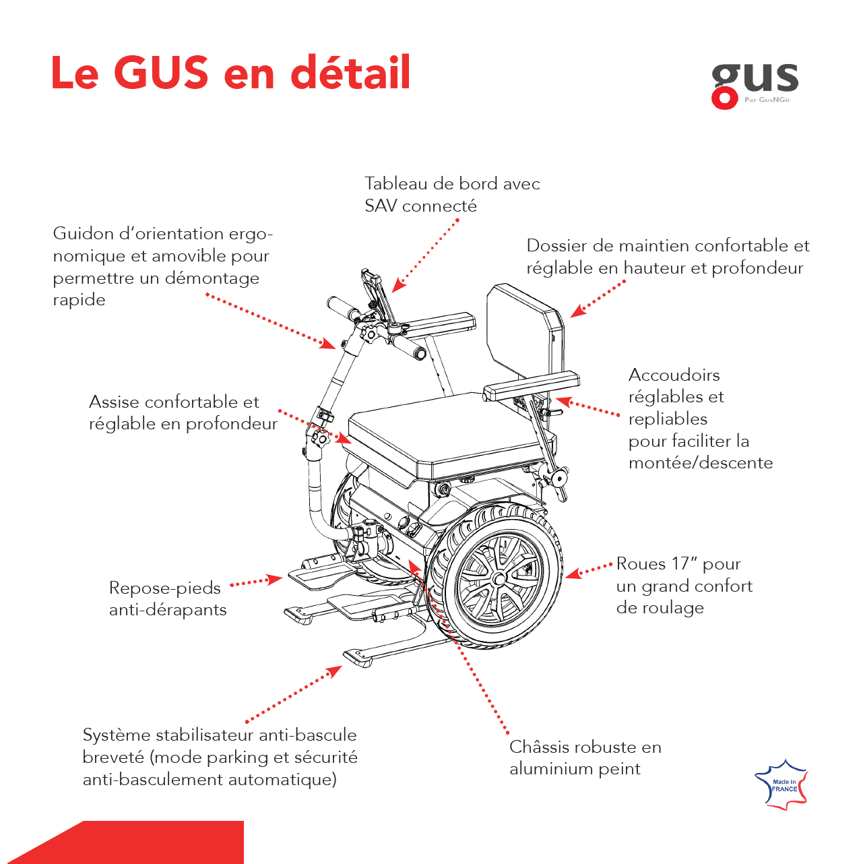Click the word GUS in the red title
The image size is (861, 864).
tap(161, 72)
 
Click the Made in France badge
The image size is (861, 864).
tap(782, 784)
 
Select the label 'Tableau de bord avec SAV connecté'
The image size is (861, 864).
tap(451, 194)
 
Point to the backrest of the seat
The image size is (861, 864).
tap(522, 330)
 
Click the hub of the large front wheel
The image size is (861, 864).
tap(498, 579)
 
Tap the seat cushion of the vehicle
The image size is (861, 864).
tap(445, 431)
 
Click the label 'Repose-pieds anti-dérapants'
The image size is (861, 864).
tap(167, 598)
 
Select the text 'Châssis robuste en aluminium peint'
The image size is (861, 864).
tap(585, 758)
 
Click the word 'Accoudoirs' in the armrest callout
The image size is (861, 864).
tap(674, 375)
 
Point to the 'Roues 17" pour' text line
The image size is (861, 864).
tap(678, 563)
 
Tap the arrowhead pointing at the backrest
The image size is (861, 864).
tap(577, 311)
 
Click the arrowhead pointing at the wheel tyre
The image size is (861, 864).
tap(572, 574)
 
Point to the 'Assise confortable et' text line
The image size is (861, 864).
tap(174, 402)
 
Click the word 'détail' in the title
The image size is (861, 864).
tap(350, 72)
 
